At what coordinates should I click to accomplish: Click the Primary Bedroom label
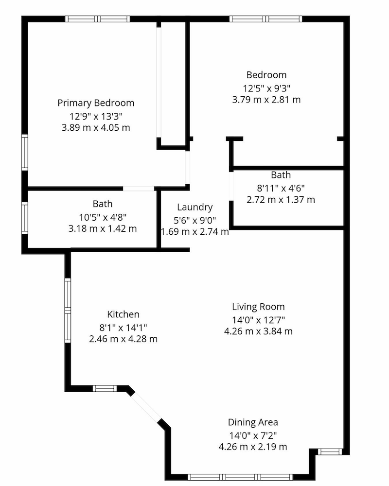click(96, 103)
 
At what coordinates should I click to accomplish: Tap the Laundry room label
click(195, 207)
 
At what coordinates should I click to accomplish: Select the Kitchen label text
click(123, 314)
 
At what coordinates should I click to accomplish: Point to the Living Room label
click(258, 307)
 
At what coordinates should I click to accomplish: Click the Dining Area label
click(253, 422)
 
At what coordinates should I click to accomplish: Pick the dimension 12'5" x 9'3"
click(266, 88)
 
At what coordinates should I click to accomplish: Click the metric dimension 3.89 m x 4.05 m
click(96, 128)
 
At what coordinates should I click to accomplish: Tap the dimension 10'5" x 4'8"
click(103, 218)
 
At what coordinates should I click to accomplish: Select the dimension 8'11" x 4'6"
click(281, 188)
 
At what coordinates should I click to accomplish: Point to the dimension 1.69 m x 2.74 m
click(195, 232)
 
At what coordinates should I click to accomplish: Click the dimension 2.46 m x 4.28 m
click(123, 339)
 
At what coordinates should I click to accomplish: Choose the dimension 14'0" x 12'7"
click(258, 320)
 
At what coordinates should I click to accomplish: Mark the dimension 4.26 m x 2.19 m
click(253, 447)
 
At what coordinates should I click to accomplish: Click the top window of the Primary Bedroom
click(97, 19)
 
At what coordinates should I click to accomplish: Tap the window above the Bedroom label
click(265, 19)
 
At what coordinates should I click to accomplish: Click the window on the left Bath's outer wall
click(24, 218)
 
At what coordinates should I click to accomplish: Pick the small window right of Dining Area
click(330, 451)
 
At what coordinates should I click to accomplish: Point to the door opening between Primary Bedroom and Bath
click(139, 189)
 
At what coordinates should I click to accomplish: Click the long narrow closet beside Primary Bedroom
click(173, 84)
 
